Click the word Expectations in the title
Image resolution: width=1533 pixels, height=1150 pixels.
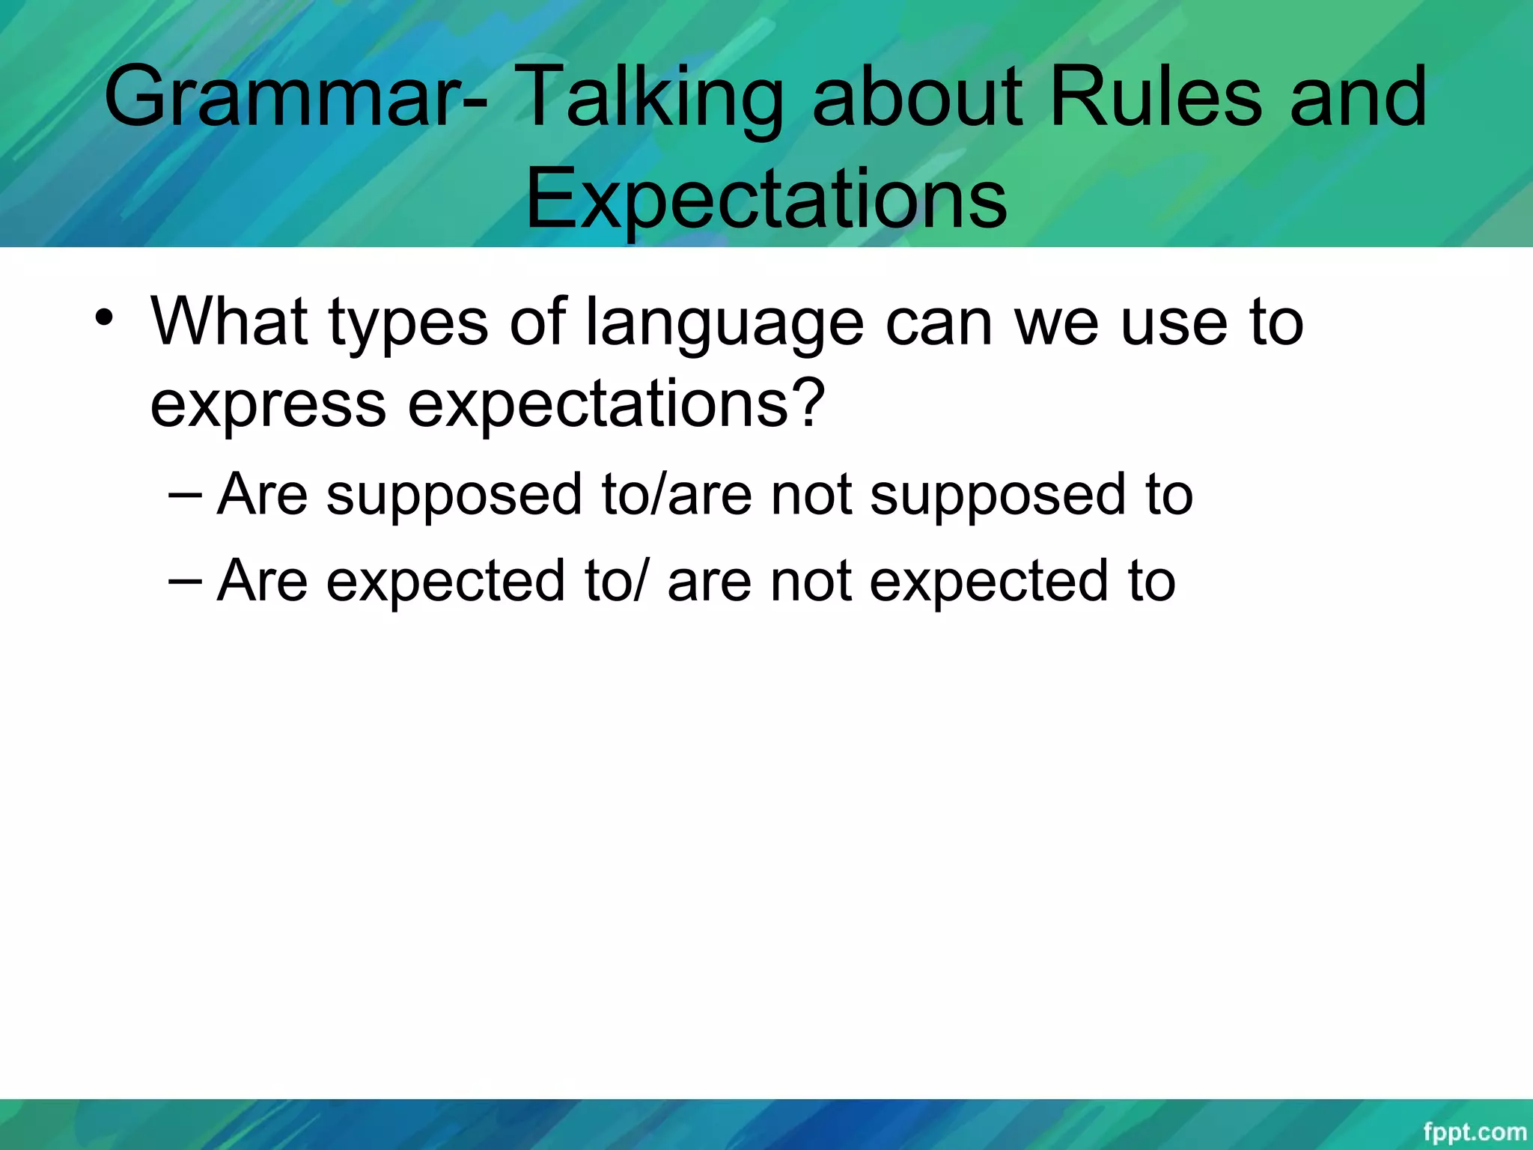[766, 199]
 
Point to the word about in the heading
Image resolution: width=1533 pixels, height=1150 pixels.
[917, 97]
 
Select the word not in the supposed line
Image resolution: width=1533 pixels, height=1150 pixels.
[811, 496]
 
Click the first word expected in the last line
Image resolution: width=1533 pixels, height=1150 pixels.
[445, 582]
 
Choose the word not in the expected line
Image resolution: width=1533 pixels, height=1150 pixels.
[811, 582]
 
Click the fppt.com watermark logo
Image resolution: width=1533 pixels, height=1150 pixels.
[1474, 1132]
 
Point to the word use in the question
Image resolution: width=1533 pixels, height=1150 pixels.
[1174, 323]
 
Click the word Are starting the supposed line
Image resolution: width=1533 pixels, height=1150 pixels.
[262, 495]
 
